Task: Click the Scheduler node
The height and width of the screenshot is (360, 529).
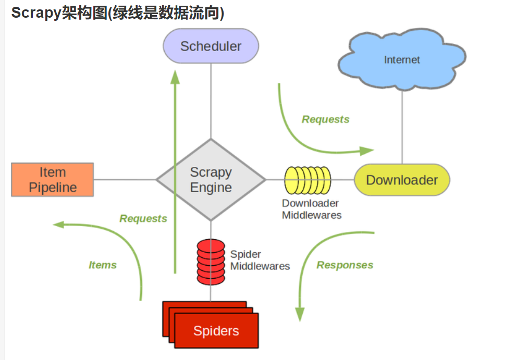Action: pos(211,46)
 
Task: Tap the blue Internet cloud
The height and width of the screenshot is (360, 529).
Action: pos(402,60)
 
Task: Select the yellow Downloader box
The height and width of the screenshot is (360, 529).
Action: pos(402,180)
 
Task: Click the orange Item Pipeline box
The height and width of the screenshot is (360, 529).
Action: pos(53,180)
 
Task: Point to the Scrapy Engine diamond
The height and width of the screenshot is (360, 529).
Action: pos(211,180)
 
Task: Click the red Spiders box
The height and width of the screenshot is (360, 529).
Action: pos(216,330)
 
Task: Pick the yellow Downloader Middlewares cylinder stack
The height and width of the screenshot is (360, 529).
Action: pos(307,180)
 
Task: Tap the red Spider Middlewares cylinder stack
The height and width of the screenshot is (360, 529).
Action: pos(211,262)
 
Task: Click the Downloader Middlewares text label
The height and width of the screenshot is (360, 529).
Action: pos(312,209)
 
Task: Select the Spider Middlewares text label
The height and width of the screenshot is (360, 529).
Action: pos(260,260)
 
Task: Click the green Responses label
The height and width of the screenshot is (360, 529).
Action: pos(345,265)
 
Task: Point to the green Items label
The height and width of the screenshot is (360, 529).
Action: pos(103,265)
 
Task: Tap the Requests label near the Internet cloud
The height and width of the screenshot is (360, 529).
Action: pos(326,119)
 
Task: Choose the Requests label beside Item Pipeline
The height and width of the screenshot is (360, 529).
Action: pos(143,219)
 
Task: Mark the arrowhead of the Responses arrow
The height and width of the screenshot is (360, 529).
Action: pos(299,314)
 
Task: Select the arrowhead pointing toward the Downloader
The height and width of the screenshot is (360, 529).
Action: pos(368,151)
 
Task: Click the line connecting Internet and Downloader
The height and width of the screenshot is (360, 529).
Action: pos(402,128)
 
